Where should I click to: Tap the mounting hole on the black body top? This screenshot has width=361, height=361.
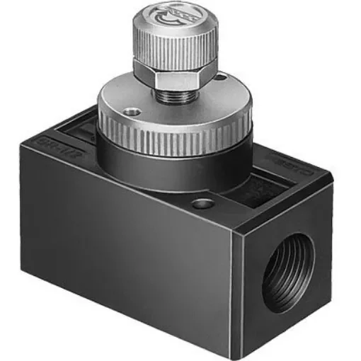(204, 204)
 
